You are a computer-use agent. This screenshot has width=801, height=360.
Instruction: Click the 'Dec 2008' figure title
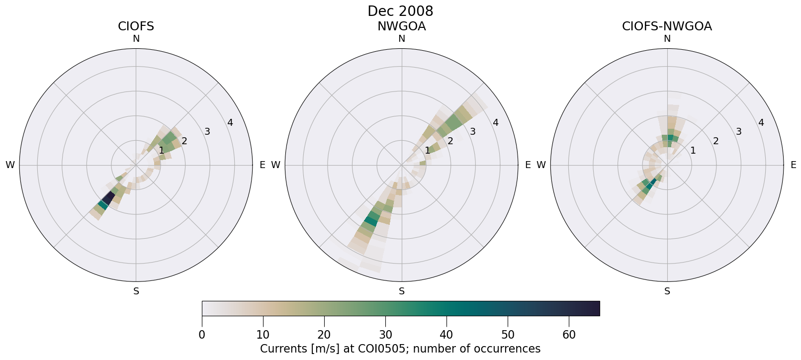click(x=400, y=11)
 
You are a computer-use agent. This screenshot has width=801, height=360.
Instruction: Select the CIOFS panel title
click(x=136, y=26)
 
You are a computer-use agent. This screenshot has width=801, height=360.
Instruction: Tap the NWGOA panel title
click(x=401, y=26)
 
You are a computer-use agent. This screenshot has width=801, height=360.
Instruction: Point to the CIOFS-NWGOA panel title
click(x=667, y=26)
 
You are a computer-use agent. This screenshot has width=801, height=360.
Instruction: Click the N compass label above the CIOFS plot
click(x=136, y=39)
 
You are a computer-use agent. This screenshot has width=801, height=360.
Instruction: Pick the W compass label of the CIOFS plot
click(x=10, y=165)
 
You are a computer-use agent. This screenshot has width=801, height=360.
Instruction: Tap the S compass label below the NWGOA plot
click(x=402, y=291)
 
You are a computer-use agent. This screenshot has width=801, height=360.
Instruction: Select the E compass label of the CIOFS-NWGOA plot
click(x=793, y=165)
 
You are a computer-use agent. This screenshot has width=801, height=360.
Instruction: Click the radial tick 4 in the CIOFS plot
click(x=230, y=122)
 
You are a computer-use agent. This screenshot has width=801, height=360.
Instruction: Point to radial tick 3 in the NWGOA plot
click(x=473, y=132)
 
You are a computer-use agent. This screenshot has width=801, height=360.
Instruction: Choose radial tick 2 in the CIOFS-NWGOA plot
click(x=715, y=141)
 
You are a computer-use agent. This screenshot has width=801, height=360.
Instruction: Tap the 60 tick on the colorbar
click(x=569, y=335)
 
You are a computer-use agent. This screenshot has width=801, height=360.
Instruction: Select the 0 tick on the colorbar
click(x=202, y=335)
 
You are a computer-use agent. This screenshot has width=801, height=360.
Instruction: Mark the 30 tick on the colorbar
click(x=385, y=335)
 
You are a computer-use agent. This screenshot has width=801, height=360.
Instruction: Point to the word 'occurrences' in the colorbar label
click(x=511, y=349)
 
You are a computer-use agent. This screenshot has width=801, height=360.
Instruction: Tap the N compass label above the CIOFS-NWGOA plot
click(x=667, y=39)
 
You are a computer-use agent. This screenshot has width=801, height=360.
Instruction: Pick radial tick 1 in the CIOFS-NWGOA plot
click(x=693, y=150)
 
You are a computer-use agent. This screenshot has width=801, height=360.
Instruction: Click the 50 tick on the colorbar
click(x=508, y=335)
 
